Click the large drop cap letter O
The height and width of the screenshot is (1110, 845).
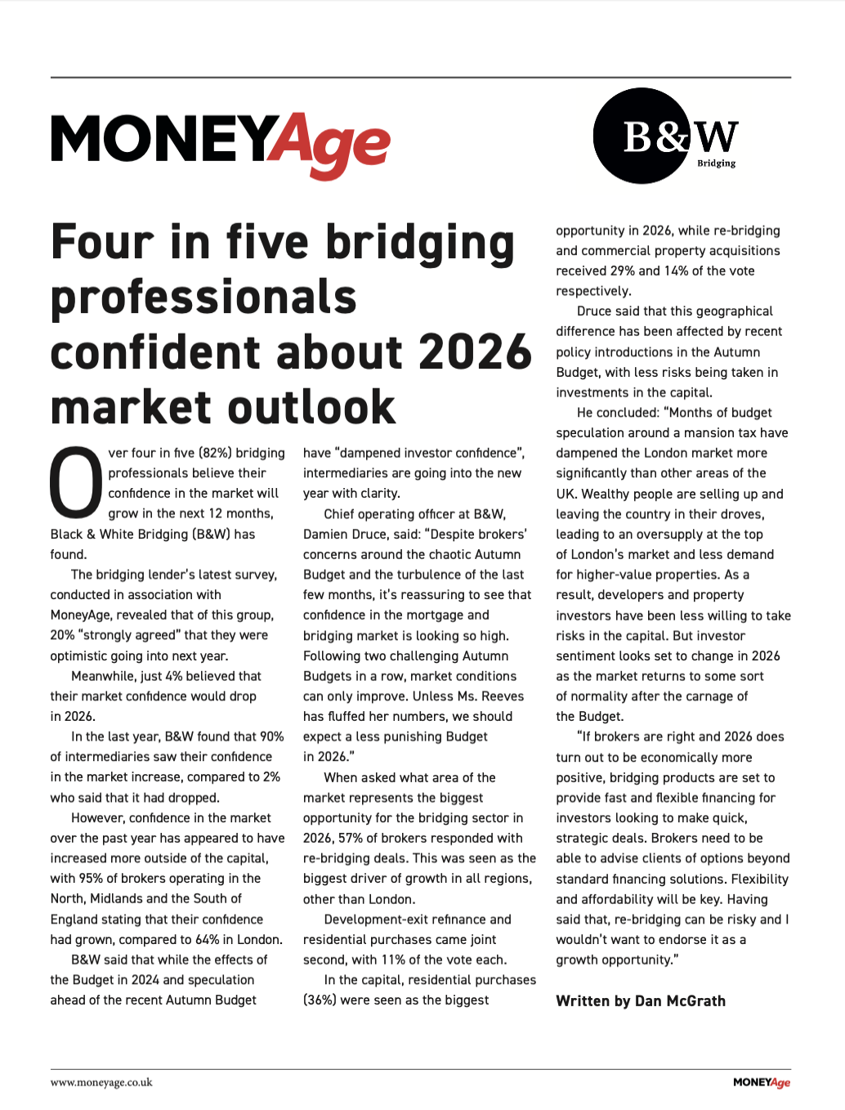click(x=76, y=483)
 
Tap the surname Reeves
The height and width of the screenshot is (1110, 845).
click(x=503, y=696)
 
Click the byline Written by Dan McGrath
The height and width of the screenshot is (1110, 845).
click(x=641, y=1001)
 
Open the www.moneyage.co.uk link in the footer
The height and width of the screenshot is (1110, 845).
click(x=101, y=1082)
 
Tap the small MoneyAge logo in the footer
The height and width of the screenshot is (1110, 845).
click(x=762, y=1082)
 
